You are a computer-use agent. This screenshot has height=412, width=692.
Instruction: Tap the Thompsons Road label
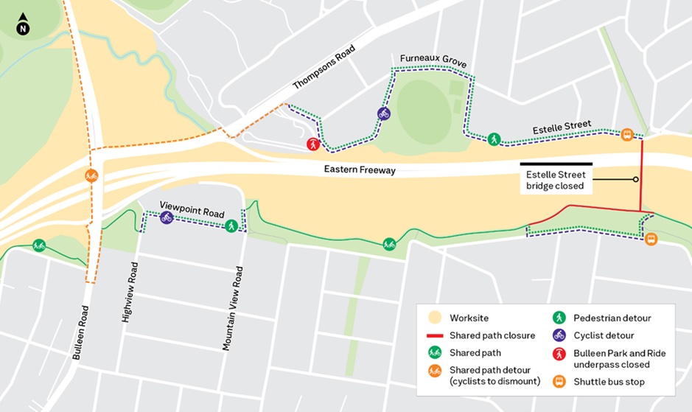point(324,67)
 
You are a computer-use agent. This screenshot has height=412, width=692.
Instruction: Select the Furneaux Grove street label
point(433,60)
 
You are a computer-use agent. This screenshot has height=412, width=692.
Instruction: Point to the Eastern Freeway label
point(360,170)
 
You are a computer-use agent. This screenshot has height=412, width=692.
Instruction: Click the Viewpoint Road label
point(192,209)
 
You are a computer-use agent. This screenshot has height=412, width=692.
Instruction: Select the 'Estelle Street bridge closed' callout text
point(556,181)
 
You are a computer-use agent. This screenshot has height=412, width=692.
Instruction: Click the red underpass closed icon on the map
point(313,144)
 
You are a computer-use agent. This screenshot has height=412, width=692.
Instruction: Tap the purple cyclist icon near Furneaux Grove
point(383,113)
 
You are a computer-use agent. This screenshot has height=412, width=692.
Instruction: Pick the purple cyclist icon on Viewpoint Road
point(167,217)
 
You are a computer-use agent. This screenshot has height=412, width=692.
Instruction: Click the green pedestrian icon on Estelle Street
point(493,139)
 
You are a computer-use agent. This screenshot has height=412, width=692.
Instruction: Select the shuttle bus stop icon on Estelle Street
point(626,134)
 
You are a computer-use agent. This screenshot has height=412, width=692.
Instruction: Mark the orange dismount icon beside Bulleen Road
point(91,175)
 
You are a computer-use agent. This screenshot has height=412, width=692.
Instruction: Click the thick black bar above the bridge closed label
point(556,163)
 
